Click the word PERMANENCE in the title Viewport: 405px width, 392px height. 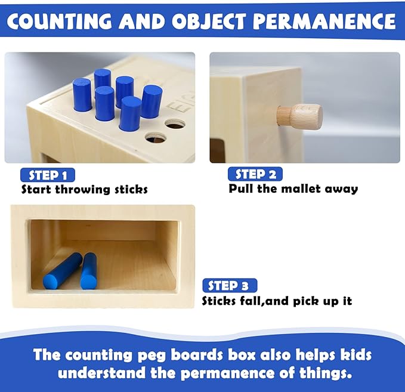click(x=324, y=21)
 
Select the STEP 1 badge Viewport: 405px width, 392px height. click(x=48, y=175)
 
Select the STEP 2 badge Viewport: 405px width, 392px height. click(x=255, y=174)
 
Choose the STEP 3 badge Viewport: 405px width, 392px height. click(x=230, y=285)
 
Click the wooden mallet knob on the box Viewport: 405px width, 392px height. click(x=301, y=116)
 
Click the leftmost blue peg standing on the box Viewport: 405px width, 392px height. click(x=82, y=95)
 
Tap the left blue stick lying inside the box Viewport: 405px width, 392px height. click(x=63, y=271)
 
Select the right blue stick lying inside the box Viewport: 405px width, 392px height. click(x=89, y=271)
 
